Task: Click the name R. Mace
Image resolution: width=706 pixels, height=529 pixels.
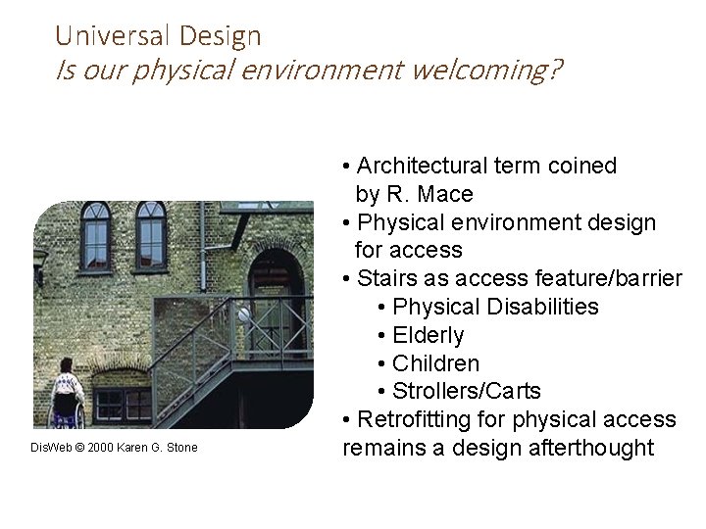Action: (429, 194)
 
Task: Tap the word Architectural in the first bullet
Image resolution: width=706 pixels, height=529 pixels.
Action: (425, 166)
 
